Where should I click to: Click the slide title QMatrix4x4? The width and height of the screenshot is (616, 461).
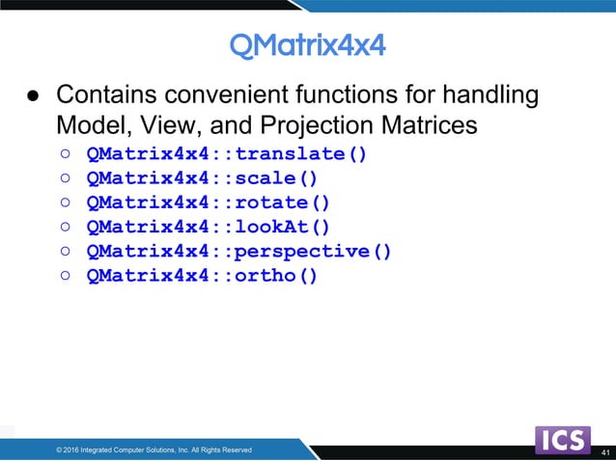click(x=307, y=44)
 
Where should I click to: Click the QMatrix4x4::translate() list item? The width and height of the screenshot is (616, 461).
click(x=226, y=153)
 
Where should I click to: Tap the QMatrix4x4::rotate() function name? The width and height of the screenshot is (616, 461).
click(x=208, y=203)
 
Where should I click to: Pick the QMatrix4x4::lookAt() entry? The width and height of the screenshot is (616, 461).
click(x=208, y=227)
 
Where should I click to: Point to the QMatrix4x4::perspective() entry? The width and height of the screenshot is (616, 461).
click(x=238, y=252)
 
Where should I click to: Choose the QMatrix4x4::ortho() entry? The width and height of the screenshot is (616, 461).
click(x=201, y=276)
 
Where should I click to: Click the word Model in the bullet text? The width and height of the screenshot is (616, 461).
click(x=86, y=125)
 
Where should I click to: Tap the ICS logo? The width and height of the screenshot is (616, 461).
click(x=562, y=441)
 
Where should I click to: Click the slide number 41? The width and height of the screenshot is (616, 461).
click(x=605, y=452)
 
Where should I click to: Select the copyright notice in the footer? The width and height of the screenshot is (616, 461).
click(x=154, y=449)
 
